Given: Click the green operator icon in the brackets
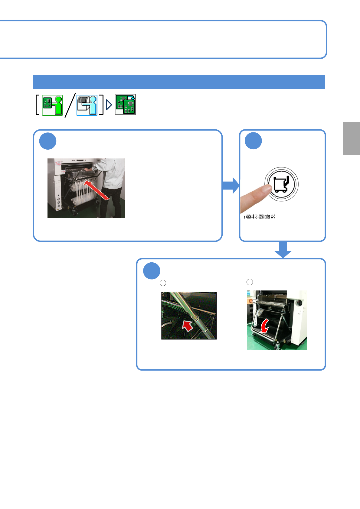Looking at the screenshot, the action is click(52, 105).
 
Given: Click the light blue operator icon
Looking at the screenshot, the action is click(87, 105).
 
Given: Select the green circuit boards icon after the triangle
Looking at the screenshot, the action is click(125, 105).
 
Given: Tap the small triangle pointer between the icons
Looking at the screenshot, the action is click(109, 105).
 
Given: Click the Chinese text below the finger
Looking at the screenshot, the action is click(260, 216).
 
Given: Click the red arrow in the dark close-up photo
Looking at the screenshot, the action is click(188, 326).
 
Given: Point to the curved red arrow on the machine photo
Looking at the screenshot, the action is click(265, 326).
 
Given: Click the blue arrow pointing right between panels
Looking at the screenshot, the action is click(231, 185).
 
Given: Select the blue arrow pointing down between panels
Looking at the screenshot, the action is click(283, 250).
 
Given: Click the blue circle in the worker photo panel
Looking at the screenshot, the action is click(48, 141).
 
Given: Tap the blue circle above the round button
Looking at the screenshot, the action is click(253, 141).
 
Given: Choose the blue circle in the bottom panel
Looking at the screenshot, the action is click(152, 271).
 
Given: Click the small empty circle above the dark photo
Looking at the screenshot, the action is click(163, 283).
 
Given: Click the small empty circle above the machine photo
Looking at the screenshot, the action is click(250, 282).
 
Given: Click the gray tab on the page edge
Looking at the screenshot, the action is click(351, 138).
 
